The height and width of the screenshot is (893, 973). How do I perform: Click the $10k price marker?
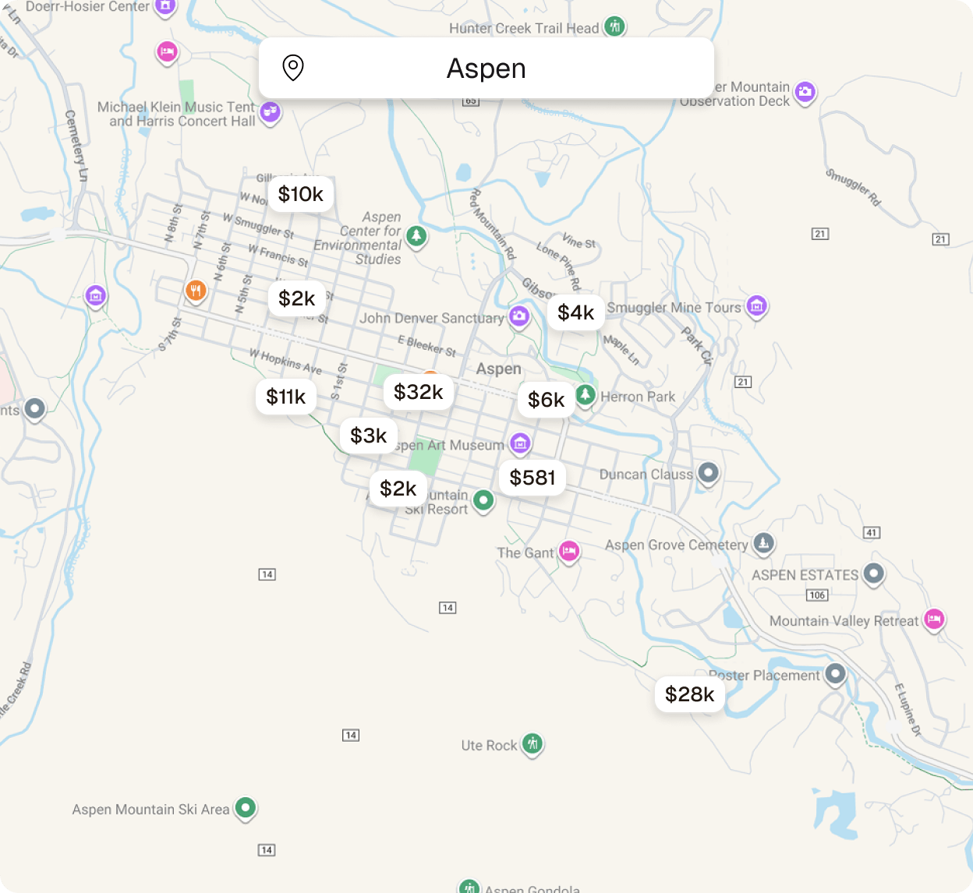[300, 194]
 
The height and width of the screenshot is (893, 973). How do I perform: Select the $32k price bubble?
[418, 392]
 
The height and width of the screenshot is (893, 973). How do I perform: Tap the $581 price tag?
[532, 478]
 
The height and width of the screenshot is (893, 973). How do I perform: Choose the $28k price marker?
[689, 694]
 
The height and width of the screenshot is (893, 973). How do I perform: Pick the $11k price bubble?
[285, 397]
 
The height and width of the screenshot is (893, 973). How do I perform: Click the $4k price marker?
[575, 312]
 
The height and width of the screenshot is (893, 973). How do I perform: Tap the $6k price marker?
[546, 400]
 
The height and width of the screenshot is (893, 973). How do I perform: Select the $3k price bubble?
[368, 436]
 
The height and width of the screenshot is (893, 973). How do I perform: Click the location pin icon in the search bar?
[292, 68]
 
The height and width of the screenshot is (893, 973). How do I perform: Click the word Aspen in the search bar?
[486, 69]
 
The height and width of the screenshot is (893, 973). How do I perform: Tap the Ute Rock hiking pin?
[532, 743]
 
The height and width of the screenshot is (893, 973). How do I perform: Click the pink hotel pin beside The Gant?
[569, 551]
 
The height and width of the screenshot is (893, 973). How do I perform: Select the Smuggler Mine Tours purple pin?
[756, 306]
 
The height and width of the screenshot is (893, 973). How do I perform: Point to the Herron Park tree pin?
[586, 394]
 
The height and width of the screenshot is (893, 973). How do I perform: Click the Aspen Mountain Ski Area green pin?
[246, 807]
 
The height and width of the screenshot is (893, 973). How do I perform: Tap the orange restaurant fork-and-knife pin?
[196, 291]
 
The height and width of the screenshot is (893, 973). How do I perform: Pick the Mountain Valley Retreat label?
[844, 621]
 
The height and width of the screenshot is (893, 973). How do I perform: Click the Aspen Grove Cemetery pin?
[763, 543]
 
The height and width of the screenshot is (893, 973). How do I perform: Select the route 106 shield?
[817, 595]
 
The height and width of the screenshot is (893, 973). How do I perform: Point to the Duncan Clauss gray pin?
[708, 472]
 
